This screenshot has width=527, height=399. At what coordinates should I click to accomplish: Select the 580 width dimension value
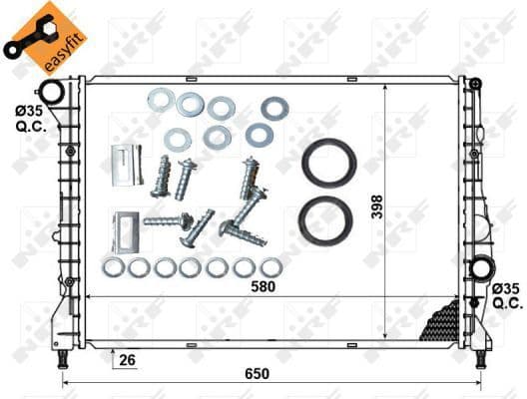click(x=263, y=287)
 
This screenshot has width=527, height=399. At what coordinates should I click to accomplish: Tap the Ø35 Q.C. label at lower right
click(x=506, y=295)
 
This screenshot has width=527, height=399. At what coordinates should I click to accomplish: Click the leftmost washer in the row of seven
click(x=113, y=267)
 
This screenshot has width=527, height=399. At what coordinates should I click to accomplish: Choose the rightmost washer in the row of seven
click(x=270, y=267)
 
